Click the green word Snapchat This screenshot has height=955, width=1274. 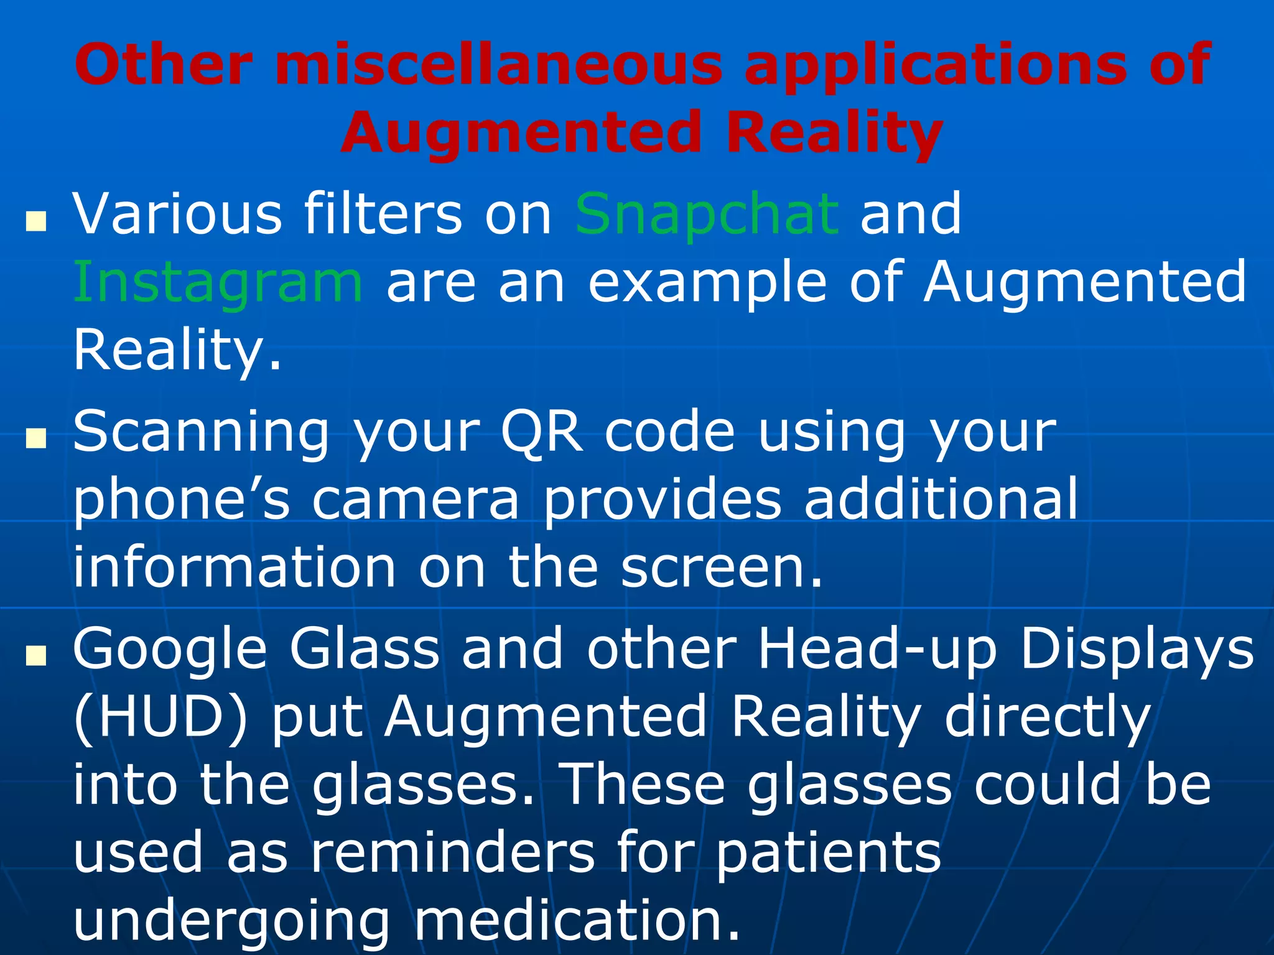tap(707, 215)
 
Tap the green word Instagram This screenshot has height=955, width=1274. tap(218, 283)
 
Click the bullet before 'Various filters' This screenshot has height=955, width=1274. tap(37, 221)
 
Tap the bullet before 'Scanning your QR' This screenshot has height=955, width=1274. tap(37, 439)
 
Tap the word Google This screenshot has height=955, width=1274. tap(170, 650)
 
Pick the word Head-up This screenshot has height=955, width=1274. tap(877, 650)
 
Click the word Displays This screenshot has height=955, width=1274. tap(1138, 650)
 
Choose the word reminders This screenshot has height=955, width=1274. tap(452, 852)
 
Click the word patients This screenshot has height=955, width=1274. tap(827, 852)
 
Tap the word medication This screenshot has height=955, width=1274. tap(577, 920)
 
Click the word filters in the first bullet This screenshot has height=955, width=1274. tap(383, 215)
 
